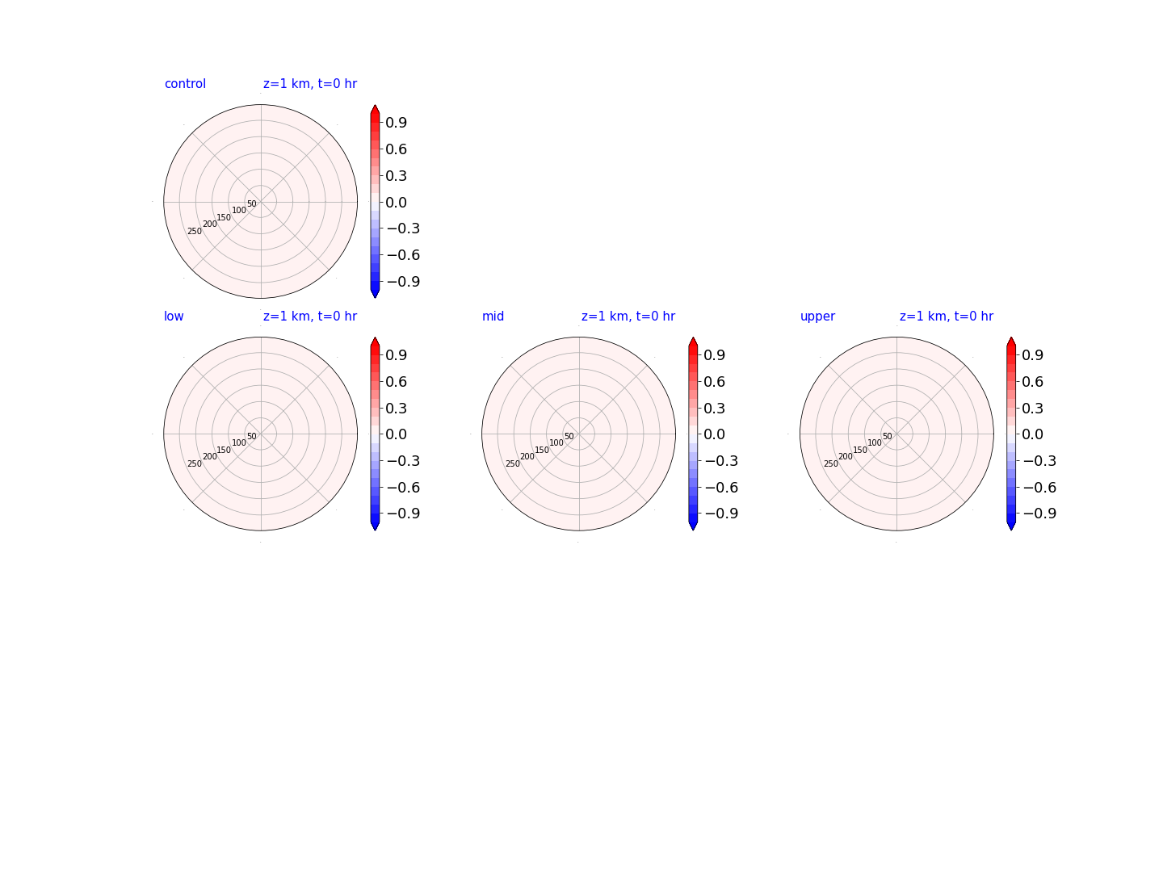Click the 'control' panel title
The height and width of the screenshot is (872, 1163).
click(185, 84)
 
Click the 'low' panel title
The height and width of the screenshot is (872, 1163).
click(174, 316)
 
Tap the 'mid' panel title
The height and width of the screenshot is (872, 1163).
click(493, 316)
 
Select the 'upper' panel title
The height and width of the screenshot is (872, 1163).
click(817, 317)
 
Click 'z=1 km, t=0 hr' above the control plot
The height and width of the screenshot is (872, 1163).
click(310, 84)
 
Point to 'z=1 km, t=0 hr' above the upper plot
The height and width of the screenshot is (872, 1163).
click(946, 316)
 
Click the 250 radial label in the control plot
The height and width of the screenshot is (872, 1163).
click(195, 232)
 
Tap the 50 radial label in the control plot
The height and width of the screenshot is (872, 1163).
click(252, 203)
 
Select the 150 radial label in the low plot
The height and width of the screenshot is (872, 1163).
click(224, 450)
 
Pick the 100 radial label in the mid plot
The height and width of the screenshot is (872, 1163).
click(556, 442)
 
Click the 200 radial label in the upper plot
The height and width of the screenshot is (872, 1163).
click(845, 456)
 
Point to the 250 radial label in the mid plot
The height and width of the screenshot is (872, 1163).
click(512, 463)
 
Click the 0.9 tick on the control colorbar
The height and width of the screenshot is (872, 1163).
click(396, 123)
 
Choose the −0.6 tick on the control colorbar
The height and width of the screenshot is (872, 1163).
click(403, 255)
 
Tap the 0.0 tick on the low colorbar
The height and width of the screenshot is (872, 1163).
click(396, 434)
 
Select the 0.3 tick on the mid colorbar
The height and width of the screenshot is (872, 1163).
click(714, 409)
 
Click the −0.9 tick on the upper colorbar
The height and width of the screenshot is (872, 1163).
click(1039, 514)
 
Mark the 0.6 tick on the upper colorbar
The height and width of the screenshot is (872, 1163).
click(1032, 382)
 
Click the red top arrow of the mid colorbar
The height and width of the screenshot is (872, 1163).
click(692, 342)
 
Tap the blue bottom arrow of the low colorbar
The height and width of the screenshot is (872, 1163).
click(375, 526)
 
